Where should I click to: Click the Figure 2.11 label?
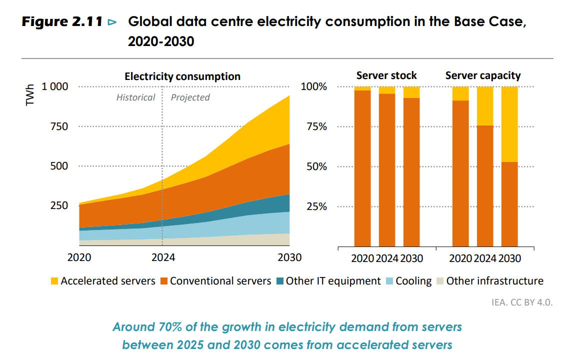(62, 22)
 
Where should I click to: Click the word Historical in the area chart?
(135, 97)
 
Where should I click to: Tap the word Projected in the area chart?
(190, 97)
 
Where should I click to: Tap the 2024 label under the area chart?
(162, 258)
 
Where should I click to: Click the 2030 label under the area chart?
(289, 258)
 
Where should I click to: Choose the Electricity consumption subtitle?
(182, 76)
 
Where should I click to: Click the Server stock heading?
(386, 75)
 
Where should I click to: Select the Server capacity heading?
(483, 75)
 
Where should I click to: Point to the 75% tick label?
(316, 126)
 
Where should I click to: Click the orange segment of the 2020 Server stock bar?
(362, 170)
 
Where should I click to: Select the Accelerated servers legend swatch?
(54, 281)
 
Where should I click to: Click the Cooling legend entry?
(413, 281)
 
